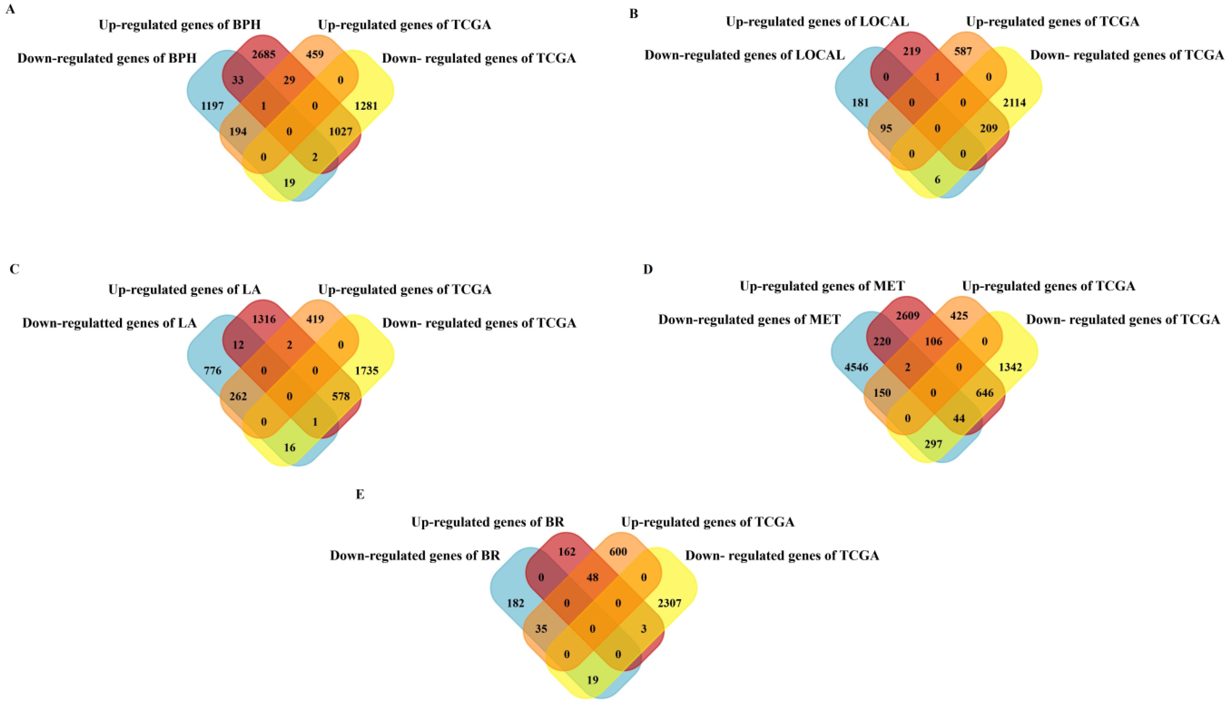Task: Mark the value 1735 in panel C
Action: [x=366, y=370]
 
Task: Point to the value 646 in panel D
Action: [x=984, y=392]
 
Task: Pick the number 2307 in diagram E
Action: [x=669, y=603]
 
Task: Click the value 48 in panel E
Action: [x=593, y=577]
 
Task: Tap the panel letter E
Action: [x=360, y=494]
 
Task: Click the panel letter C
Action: [x=15, y=269]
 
